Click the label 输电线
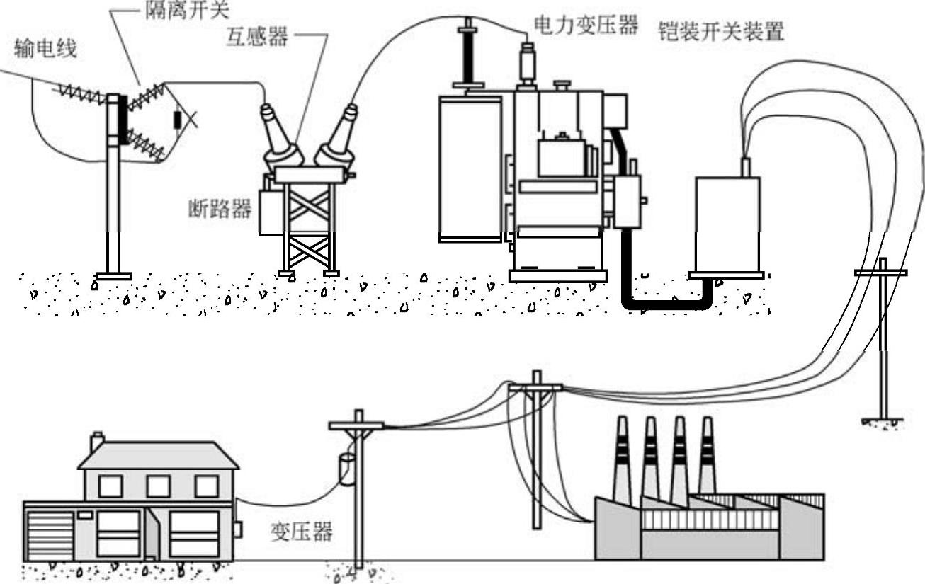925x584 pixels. pos(45,50)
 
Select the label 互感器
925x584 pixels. pos(257,37)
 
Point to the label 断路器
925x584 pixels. pos(220,209)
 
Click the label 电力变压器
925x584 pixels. pos(586,26)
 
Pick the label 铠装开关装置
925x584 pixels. pos(721,32)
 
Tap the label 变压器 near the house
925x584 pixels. pos(302,532)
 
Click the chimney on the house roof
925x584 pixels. pos(97,442)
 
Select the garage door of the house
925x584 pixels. pos(50,534)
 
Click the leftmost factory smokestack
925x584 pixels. pos(621,457)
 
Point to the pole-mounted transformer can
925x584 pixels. pos(346,469)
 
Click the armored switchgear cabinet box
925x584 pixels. pos(727,223)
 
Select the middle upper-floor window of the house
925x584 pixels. pos(158,486)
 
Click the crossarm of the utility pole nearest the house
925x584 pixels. pos(356,425)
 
